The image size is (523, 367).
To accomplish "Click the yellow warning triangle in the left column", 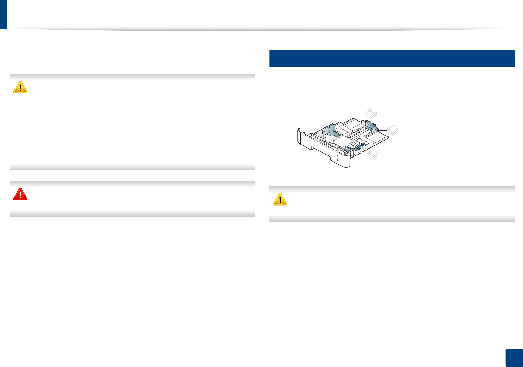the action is (x=20, y=87).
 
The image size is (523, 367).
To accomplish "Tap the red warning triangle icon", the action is (x=20, y=194).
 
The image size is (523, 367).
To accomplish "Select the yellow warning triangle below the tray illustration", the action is (x=280, y=199).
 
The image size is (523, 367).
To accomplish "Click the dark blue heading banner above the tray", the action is (x=392, y=58).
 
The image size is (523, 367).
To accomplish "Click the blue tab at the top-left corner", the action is (x=3, y=14).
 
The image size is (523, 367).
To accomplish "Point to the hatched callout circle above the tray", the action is (x=371, y=113).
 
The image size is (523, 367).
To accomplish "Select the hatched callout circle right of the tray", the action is (x=393, y=130).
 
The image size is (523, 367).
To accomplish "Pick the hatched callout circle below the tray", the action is (x=373, y=155).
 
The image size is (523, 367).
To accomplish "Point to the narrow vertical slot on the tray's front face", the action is (x=337, y=158).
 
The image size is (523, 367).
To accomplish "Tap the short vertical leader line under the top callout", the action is (x=371, y=119).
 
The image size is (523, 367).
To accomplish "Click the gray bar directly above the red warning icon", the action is (x=132, y=183).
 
